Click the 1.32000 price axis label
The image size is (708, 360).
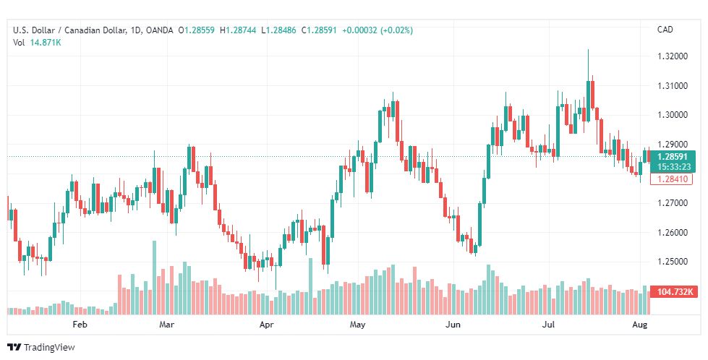673,56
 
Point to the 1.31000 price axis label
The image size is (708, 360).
673,85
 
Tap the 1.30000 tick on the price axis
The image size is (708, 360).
673,115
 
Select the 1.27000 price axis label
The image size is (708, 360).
673,203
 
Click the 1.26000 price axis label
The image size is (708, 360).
673,233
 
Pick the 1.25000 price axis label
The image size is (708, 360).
673,262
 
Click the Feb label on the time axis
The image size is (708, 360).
80,325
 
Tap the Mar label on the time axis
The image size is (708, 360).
167,325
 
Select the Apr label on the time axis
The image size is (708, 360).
267,325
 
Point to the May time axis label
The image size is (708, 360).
357,325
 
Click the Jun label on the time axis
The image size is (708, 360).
453,325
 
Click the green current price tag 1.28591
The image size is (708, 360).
673,156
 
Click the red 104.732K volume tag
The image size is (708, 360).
673,292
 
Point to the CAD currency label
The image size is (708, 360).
665,30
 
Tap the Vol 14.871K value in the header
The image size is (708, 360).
45,43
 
